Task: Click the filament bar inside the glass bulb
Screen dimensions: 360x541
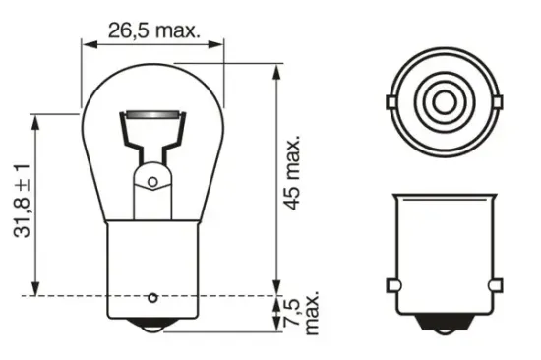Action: pos(153,117)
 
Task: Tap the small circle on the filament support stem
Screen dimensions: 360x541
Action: pos(152,179)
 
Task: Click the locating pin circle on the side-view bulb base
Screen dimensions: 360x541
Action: pos(152,297)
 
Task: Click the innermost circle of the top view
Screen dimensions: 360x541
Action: pos(442,101)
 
